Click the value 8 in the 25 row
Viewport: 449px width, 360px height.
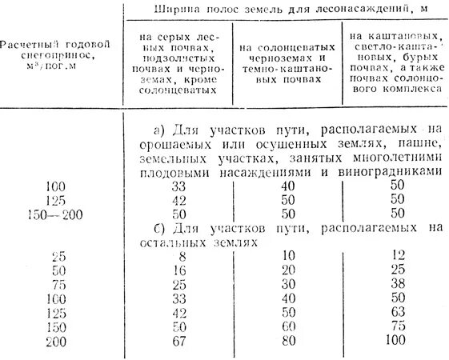[x=183, y=256]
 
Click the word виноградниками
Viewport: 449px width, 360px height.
[x=387, y=171]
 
